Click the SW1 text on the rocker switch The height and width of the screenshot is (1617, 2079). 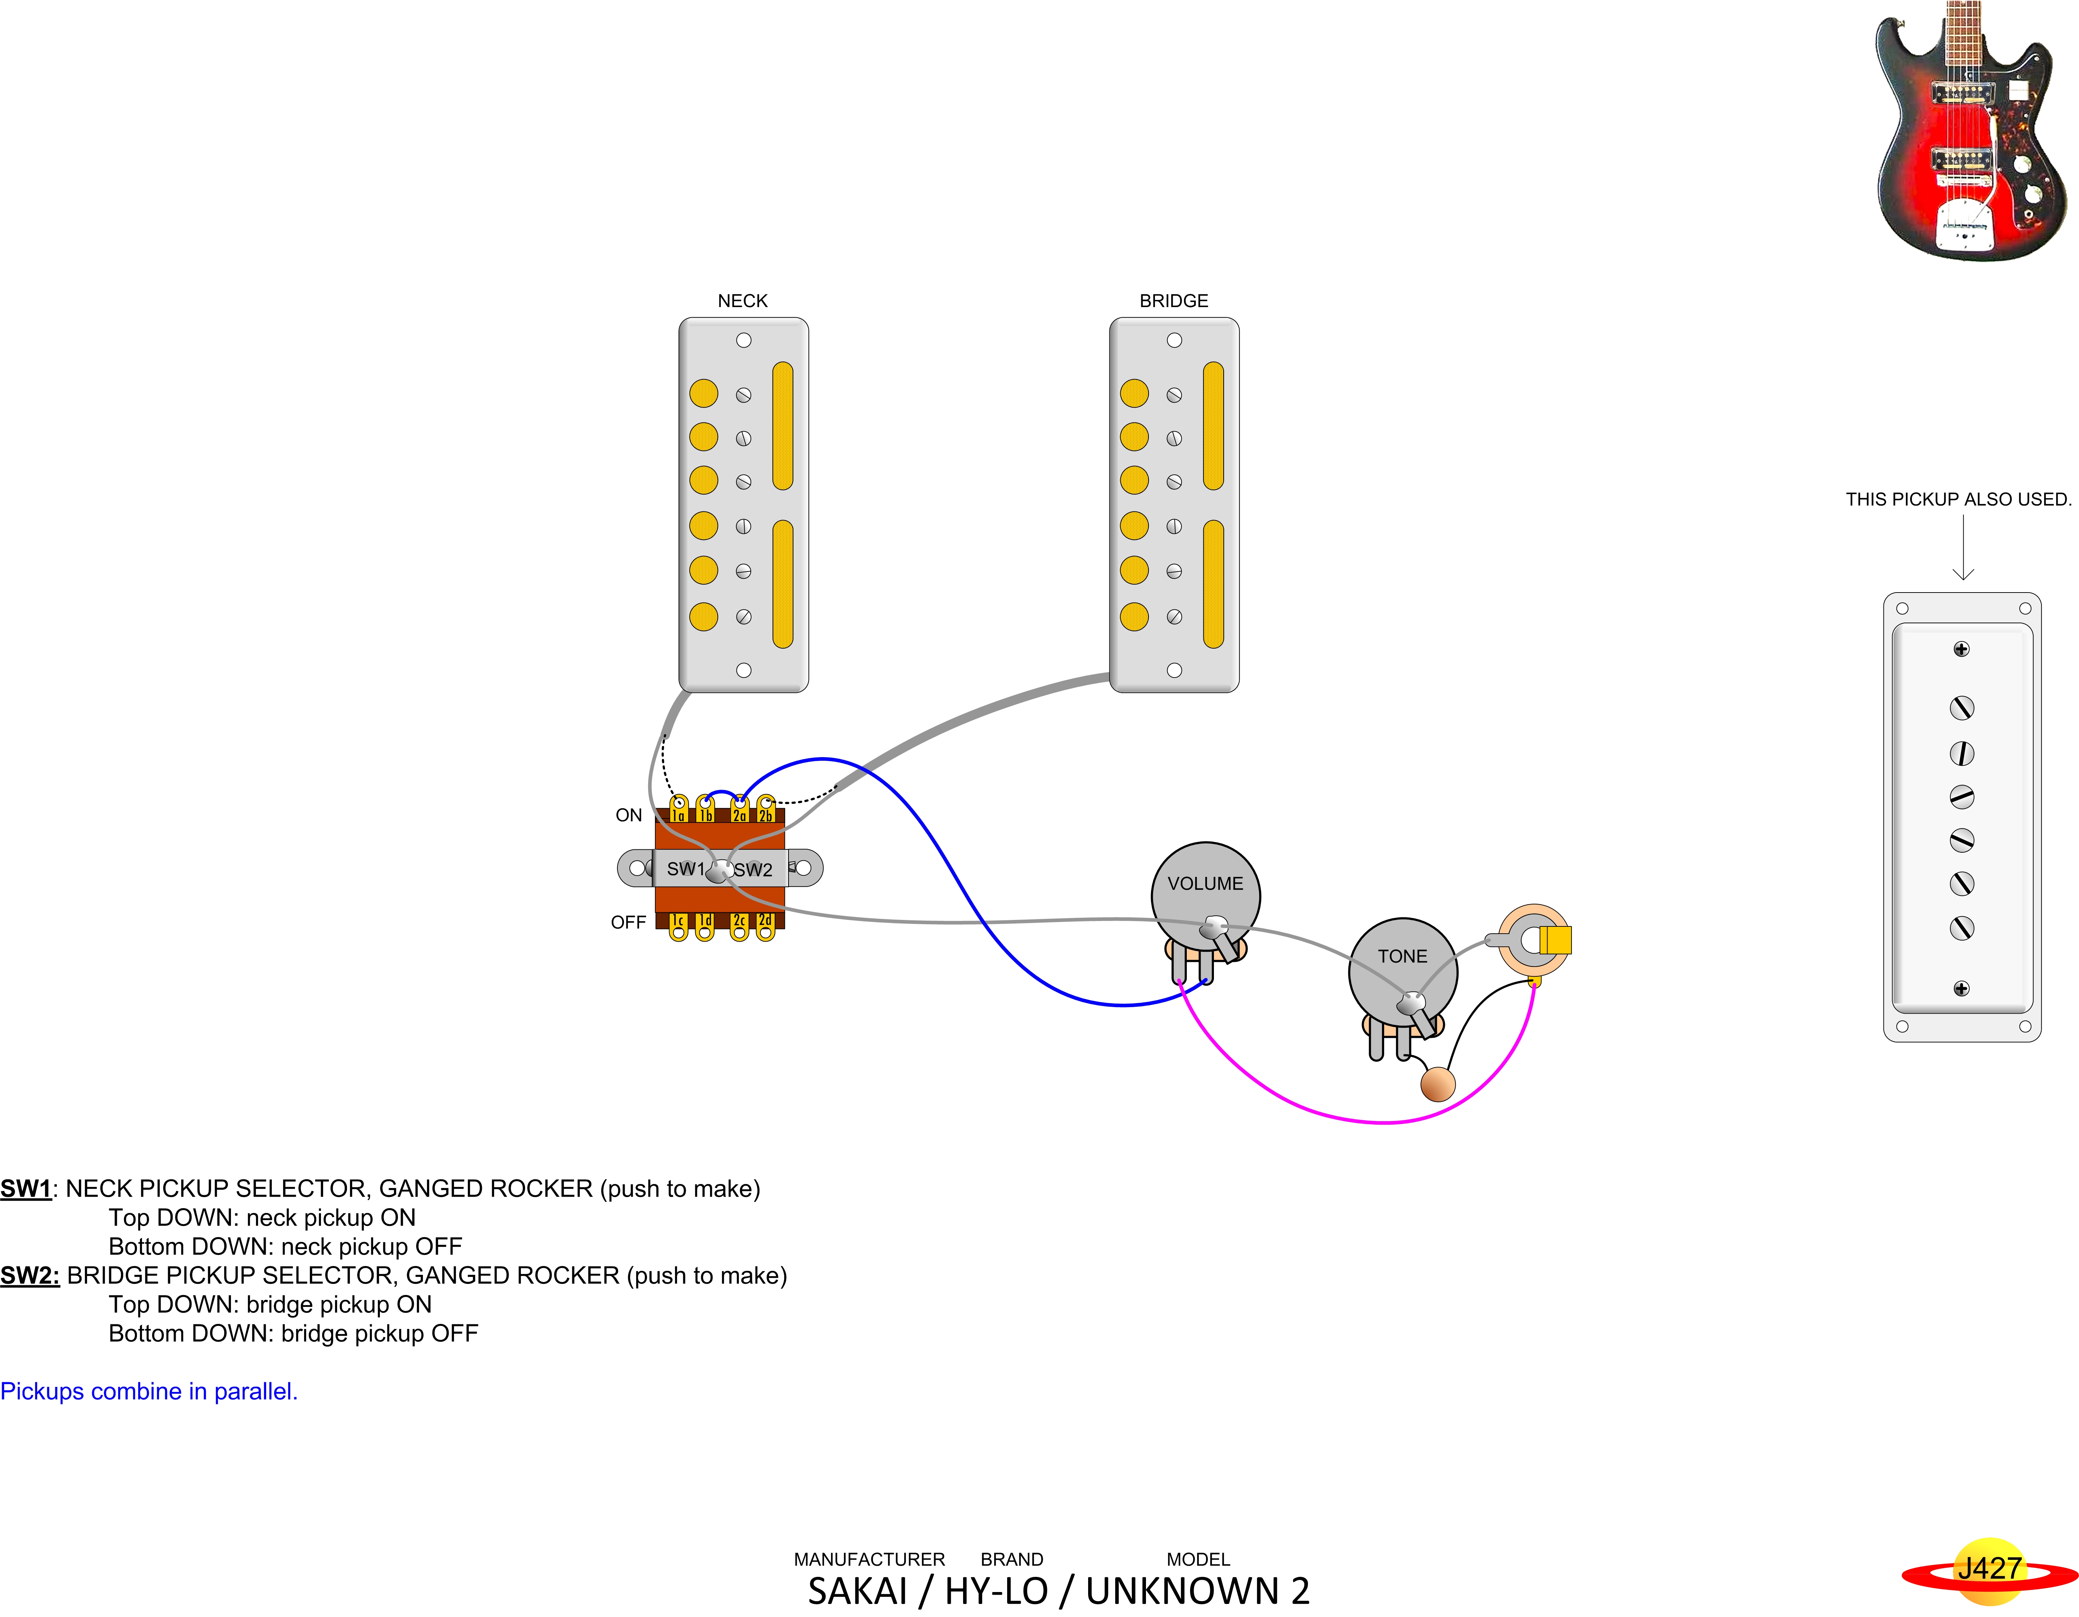[684, 869]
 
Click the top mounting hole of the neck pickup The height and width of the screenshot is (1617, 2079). [744, 340]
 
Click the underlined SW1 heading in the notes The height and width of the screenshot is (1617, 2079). [26, 1188]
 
